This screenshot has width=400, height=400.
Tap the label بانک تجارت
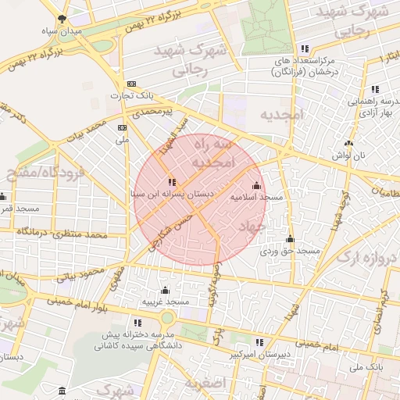(130, 95)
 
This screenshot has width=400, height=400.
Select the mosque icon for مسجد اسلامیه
(256, 186)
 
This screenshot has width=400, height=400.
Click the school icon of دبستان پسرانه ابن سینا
(171, 182)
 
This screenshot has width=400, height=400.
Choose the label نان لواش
(348, 155)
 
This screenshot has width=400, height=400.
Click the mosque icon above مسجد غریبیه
(165, 291)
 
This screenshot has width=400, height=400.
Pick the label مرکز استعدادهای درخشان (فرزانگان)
(304, 66)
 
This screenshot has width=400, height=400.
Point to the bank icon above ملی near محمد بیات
(122, 128)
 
